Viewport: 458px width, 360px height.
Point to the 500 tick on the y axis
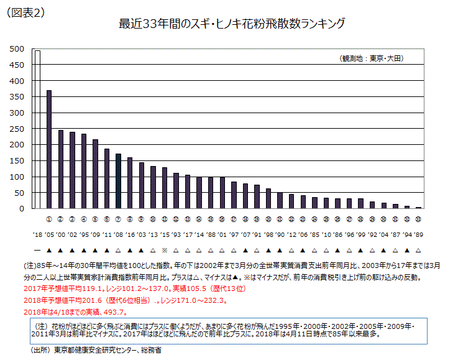click(x=17, y=48)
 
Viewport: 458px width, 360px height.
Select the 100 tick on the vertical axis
click(x=17, y=177)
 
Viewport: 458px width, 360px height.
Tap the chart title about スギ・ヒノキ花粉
click(x=231, y=24)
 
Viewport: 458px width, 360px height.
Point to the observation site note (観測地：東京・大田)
click(x=372, y=58)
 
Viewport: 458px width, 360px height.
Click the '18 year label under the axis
click(x=37, y=234)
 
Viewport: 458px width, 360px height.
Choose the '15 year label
click(x=165, y=234)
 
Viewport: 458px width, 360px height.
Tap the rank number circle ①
click(x=49, y=219)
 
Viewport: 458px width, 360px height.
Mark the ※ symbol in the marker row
click(x=165, y=249)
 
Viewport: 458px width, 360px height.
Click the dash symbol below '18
click(x=37, y=249)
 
